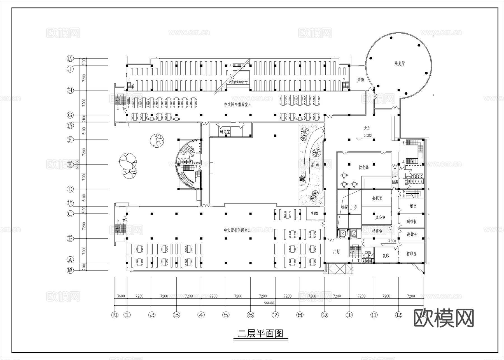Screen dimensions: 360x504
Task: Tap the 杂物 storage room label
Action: (361, 80)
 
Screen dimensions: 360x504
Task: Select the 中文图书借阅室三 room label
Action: (238, 104)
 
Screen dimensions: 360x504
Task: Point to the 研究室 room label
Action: (225, 132)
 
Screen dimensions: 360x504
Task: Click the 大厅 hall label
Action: (367, 128)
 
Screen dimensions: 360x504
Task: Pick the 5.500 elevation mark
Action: (367, 135)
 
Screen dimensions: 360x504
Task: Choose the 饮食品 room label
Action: (363, 167)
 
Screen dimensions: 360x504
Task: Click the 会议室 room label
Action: (377, 198)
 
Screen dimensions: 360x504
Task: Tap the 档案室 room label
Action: (377, 231)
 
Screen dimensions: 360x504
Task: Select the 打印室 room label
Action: (411, 254)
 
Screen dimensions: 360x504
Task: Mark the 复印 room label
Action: (386, 256)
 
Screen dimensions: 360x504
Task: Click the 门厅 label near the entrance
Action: (336, 252)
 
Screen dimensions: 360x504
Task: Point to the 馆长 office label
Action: (413, 206)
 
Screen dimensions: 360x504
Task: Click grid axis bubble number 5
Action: (226, 315)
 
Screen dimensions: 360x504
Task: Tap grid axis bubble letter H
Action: (70, 90)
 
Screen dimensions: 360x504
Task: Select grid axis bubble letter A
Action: (70, 260)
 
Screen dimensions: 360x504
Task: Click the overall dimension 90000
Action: (269, 303)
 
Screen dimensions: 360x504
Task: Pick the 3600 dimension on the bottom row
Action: (121, 296)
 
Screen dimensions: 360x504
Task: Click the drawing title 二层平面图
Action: (260, 333)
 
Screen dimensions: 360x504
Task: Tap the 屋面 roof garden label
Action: (315, 165)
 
